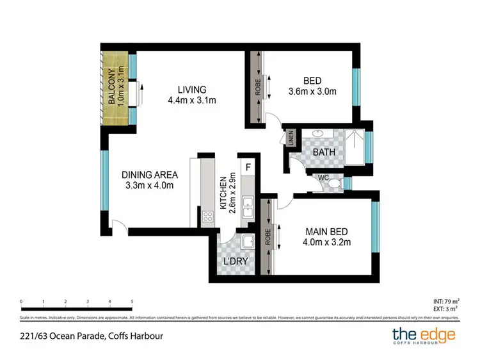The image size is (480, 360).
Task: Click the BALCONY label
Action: pos(111,86)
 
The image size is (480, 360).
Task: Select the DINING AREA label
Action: pos(150,175)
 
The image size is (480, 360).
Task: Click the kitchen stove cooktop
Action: pos(208,217)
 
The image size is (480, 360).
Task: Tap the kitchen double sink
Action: pos(248,209)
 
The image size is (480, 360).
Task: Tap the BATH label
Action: pos(325,152)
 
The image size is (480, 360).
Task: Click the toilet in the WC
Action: pos(333,184)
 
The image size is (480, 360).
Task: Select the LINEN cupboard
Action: pos(291,138)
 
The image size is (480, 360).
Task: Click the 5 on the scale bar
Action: pos(132,301)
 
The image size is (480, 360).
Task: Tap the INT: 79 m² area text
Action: pos(445,301)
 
